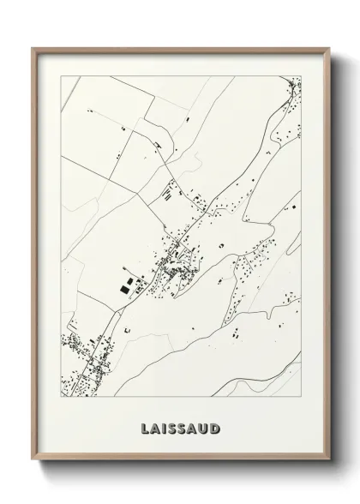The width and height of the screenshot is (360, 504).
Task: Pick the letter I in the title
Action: (165, 427)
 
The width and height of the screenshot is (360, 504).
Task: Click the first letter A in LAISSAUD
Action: (153, 427)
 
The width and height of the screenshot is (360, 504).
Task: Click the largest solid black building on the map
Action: (127, 290)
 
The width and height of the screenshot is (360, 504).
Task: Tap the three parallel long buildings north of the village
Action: (167, 194)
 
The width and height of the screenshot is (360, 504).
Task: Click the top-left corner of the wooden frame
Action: (33, 47)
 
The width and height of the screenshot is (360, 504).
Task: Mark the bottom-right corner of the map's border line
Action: (302, 400)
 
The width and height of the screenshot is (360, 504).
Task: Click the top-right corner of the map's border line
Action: (302, 76)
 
